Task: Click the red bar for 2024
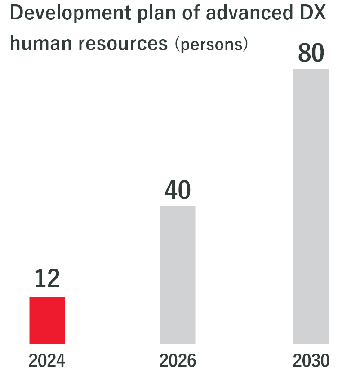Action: (x=47, y=320)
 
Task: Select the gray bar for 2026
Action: (x=178, y=275)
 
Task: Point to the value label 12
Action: (x=47, y=279)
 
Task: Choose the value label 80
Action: (x=311, y=54)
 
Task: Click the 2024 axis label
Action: (x=47, y=360)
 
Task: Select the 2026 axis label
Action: (x=178, y=360)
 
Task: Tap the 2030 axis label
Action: (x=311, y=360)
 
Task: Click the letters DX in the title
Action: (x=310, y=14)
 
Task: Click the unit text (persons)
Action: (x=211, y=45)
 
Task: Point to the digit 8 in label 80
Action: (x=304, y=54)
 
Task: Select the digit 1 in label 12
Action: (x=40, y=279)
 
